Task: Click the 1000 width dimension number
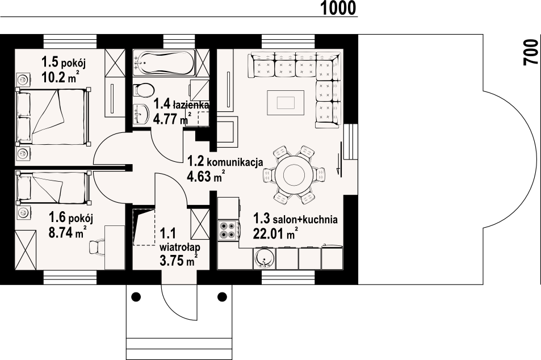[338, 9]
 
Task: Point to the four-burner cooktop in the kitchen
[227, 230]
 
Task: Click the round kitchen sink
[265, 258]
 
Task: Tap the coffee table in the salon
[286, 103]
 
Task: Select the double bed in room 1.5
[53, 116]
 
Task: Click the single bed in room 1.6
[53, 187]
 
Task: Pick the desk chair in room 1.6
[95, 248]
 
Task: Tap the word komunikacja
[236, 162]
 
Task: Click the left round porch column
[136, 296]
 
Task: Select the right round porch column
[222, 296]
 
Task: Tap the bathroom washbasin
[140, 113]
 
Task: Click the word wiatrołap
[180, 247]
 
